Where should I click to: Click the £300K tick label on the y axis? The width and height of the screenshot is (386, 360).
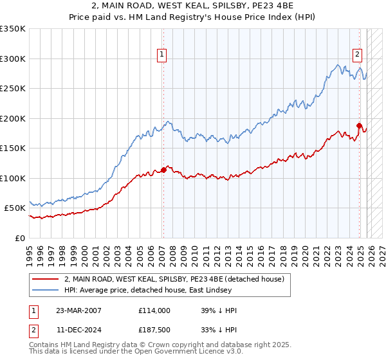[x=13, y=59]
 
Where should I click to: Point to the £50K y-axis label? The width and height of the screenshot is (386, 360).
[x=15, y=208]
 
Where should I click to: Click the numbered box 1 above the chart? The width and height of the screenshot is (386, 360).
[x=163, y=55]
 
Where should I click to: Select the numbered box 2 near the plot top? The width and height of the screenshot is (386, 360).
[x=358, y=55]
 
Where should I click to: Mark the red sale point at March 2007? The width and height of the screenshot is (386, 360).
[x=163, y=170]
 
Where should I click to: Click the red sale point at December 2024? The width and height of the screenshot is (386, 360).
[x=360, y=125]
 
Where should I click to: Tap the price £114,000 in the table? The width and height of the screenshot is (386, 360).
[x=154, y=310]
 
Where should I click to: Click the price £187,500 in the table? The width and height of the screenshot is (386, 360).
[x=154, y=330]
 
